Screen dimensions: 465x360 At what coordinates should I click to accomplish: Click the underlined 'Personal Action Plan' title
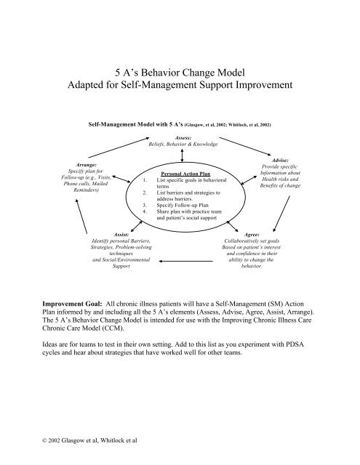point(180,174)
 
